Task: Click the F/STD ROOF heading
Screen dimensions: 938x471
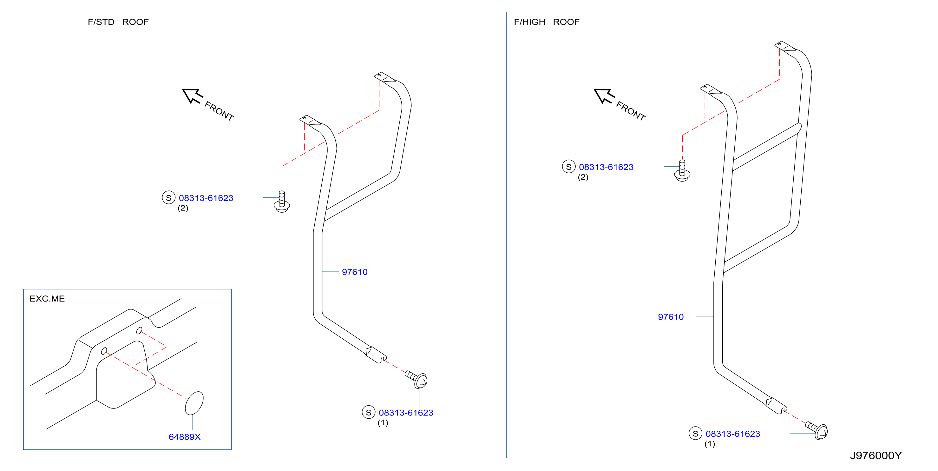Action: point(118,22)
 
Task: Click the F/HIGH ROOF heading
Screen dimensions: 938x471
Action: point(546,22)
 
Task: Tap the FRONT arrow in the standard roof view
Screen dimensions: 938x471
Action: point(192,96)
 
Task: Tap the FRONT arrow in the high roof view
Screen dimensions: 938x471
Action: point(604,96)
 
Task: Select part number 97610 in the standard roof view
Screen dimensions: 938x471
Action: point(355,272)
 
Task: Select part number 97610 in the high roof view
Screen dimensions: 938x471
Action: point(671,317)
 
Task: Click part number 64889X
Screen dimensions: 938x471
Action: point(185,437)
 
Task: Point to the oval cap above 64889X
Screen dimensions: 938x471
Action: point(194,403)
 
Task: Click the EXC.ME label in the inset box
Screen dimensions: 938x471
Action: point(47,299)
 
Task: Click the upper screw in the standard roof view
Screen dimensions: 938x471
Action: point(282,202)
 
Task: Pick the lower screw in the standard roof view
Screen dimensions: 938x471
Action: point(417,379)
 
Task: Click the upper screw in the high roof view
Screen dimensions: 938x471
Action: point(682,170)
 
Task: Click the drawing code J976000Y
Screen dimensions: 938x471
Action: point(876,456)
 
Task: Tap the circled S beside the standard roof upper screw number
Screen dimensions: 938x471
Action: point(168,198)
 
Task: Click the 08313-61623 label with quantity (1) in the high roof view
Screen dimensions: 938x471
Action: point(733,434)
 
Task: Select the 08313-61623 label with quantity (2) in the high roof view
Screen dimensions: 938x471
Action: point(606,167)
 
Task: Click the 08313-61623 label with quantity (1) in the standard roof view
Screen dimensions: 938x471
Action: point(406,413)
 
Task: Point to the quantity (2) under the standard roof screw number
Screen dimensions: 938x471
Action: point(183,208)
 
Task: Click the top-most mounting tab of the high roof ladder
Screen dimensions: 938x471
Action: point(785,46)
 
